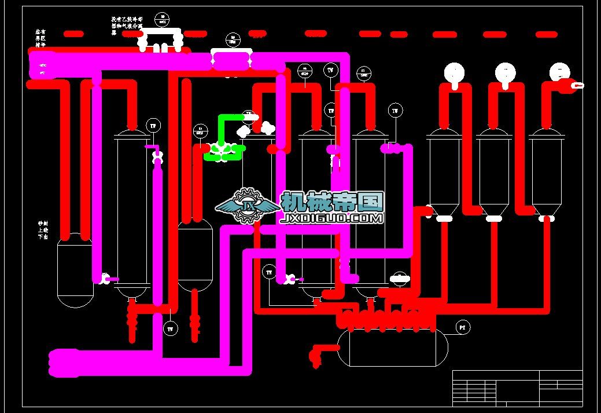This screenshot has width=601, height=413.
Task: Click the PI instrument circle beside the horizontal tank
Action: tap(462, 328)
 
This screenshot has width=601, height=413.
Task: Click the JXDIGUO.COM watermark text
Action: tap(332, 218)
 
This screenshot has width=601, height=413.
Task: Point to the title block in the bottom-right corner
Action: tap(517, 388)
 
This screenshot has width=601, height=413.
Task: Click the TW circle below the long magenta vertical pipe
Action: tap(170, 329)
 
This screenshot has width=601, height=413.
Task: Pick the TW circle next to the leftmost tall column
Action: tap(153, 125)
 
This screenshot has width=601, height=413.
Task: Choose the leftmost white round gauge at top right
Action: tap(454, 72)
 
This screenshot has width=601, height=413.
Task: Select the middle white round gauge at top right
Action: tap(506, 72)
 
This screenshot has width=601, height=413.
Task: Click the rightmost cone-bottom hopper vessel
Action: tap(547, 174)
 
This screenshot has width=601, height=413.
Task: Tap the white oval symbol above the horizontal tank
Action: tap(400, 279)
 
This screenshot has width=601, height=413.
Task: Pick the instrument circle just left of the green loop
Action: tap(200, 131)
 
